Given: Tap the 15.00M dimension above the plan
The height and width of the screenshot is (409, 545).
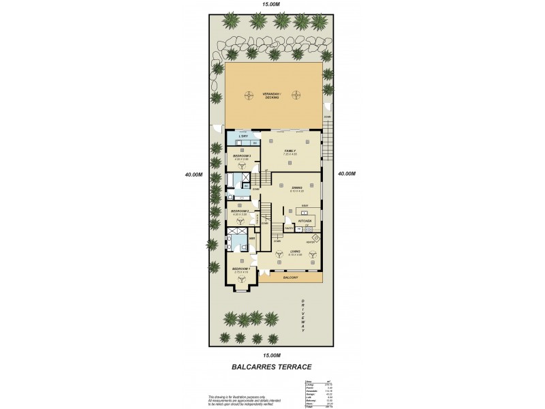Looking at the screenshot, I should [x=272, y=5].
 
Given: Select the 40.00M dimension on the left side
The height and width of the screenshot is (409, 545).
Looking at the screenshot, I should [x=193, y=174].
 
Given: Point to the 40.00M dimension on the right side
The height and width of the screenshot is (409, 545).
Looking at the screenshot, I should [x=347, y=174].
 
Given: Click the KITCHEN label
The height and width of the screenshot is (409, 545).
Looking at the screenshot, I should [x=305, y=222].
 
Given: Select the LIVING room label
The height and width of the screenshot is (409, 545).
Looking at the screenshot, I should [x=295, y=251].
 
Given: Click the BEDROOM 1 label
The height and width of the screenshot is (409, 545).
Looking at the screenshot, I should [x=241, y=269].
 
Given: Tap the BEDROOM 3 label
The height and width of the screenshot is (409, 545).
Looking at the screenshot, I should [x=242, y=156].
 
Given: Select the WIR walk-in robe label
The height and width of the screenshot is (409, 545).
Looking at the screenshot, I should [x=251, y=239].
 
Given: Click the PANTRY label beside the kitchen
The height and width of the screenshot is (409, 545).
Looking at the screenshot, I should [x=279, y=228].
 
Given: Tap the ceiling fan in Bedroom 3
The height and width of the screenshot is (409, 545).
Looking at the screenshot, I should [x=241, y=166].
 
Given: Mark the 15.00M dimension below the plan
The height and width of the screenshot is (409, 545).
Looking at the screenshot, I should [x=272, y=355].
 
